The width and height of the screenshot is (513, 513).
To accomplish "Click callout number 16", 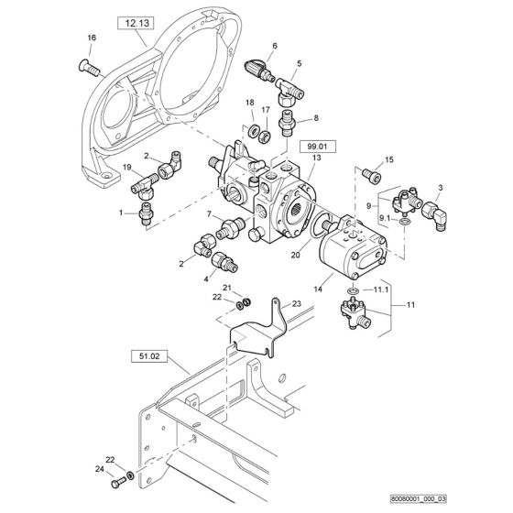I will point(91,37).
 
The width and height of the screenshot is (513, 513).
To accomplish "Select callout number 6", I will point(274,45).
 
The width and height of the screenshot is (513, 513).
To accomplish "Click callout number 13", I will point(316,158).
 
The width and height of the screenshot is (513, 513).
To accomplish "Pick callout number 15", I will point(389,159).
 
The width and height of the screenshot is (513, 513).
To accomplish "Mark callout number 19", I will point(126,168).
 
